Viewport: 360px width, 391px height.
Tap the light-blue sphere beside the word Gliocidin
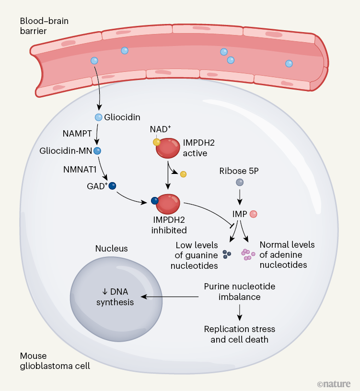point(98,117)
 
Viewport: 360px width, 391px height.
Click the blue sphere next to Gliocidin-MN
point(97,150)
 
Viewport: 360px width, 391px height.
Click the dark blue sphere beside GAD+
point(113,186)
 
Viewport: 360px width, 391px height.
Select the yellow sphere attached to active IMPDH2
point(156,142)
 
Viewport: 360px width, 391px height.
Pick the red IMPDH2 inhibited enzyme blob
point(169,205)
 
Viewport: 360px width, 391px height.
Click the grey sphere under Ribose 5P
point(239,182)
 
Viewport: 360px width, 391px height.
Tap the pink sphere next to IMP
point(254,214)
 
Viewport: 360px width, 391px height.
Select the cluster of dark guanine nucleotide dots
point(227,254)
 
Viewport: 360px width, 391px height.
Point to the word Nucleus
point(111,248)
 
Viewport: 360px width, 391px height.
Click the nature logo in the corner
point(334,383)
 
